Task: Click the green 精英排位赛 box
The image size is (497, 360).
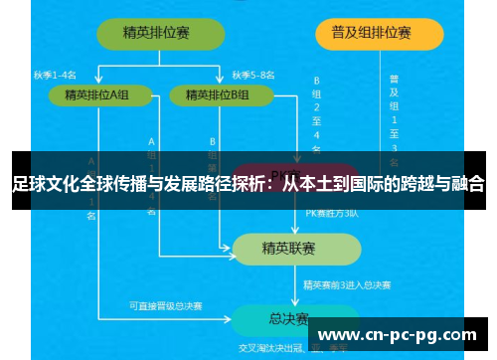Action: pyautogui.click(x=157, y=34)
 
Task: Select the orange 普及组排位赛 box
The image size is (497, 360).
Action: pyautogui.click(x=378, y=34)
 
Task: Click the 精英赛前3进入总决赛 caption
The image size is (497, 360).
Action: pyautogui.click(x=347, y=284)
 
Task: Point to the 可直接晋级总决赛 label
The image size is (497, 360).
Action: pyautogui.click(x=165, y=305)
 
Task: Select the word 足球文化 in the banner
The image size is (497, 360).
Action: pyautogui.click(x=44, y=184)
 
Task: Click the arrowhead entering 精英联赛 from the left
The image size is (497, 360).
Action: pyautogui.click(x=229, y=248)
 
